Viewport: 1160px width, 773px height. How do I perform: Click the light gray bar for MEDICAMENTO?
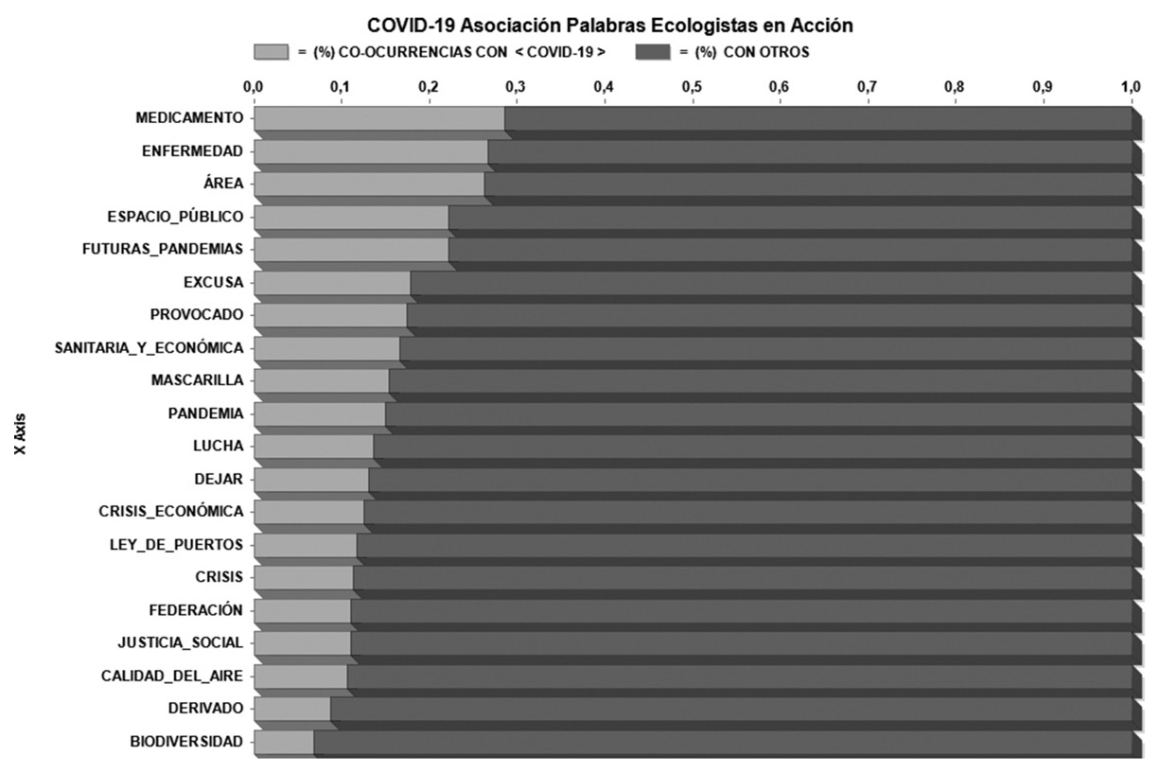pos(378,118)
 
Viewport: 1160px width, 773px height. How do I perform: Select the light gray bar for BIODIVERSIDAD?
pos(283,742)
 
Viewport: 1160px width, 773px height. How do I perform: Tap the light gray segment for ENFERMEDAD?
pos(370,151)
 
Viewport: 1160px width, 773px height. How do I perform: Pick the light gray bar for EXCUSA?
pos(331,283)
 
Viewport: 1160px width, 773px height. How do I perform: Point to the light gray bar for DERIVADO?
pos(291,709)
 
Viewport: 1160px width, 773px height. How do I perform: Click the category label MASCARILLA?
pos(197,380)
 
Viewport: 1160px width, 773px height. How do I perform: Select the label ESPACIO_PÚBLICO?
pos(175,217)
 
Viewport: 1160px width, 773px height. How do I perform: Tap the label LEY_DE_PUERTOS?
pos(176,544)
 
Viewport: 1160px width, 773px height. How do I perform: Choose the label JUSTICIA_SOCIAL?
pos(180,642)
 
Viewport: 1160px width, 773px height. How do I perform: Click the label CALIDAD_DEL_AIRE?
pos(172,676)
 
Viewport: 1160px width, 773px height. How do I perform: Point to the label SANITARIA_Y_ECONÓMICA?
pos(149,348)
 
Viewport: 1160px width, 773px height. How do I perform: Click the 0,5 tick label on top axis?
pos(692,87)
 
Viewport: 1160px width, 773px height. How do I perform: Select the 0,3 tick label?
pos(516,87)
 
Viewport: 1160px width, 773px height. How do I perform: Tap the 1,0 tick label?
pos(1131,87)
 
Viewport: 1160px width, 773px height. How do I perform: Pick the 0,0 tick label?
pos(253,87)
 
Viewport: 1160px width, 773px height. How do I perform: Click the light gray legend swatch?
pos(271,52)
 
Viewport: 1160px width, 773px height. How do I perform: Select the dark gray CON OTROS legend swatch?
pos(652,52)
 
